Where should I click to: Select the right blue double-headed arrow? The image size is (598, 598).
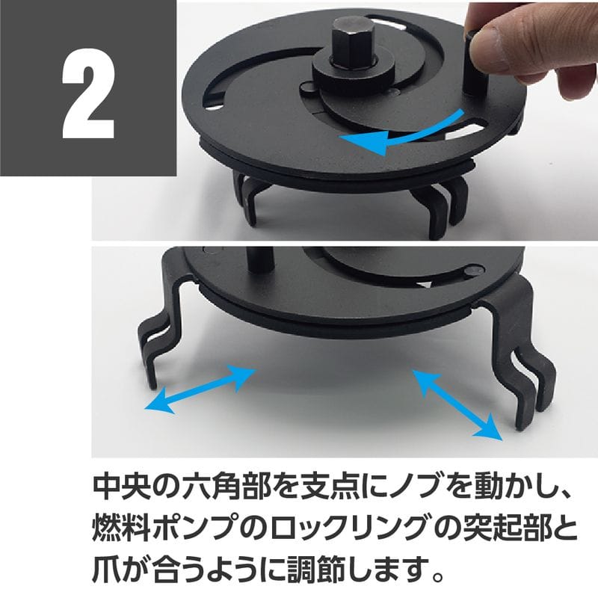[x=456, y=404]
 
